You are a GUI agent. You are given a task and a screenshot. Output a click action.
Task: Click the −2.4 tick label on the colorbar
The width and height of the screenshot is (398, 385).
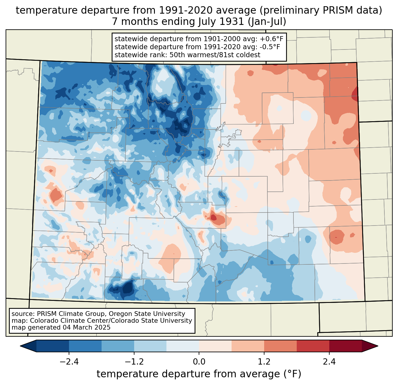[69, 362]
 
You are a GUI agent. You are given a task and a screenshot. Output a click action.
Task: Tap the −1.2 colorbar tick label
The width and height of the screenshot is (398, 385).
[134, 362]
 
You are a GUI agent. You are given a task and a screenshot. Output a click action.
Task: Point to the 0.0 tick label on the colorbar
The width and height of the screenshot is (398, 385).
[199, 362]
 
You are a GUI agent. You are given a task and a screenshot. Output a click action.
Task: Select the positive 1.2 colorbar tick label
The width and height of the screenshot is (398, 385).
[264, 362]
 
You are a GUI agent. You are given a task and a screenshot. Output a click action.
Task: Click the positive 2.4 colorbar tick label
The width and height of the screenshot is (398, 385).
[329, 362]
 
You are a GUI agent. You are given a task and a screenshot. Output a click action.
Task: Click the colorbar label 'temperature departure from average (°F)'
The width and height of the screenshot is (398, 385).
[199, 374]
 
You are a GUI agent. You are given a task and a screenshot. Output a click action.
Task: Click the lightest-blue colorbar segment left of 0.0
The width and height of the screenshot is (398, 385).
[183, 346]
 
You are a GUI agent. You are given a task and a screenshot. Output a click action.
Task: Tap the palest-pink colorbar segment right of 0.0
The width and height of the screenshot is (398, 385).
[215, 346]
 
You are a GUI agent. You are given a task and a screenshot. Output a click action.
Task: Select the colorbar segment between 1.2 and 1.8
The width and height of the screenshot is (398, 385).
[280, 346]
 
